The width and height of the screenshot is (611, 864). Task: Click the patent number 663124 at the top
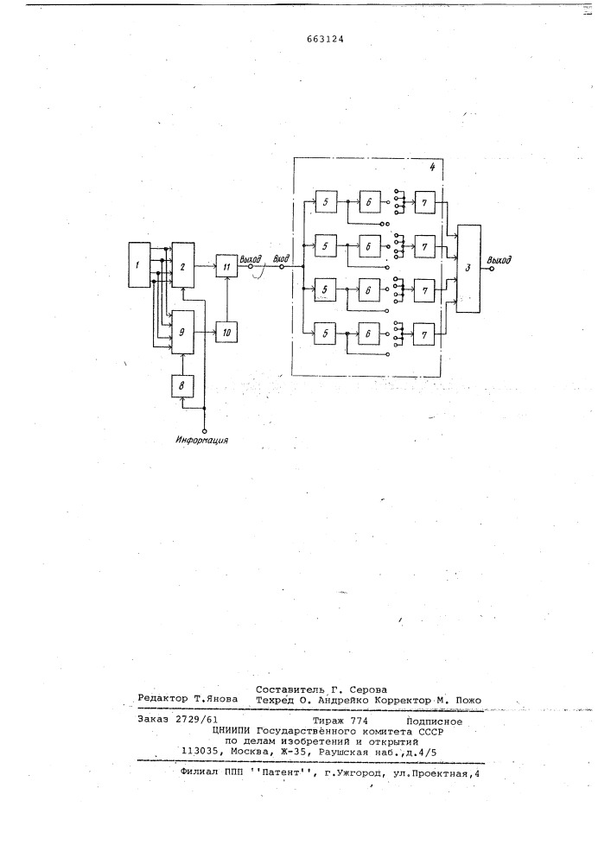click(x=325, y=39)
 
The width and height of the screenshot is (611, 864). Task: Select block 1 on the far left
click(x=139, y=264)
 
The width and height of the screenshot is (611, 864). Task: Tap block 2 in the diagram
click(x=183, y=264)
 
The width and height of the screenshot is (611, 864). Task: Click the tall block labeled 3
click(x=468, y=269)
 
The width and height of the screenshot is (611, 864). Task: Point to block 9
click(x=183, y=332)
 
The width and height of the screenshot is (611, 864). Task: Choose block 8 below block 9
click(x=183, y=385)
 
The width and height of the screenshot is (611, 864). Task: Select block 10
click(x=226, y=332)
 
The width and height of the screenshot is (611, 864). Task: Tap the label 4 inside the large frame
click(x=432, y=167)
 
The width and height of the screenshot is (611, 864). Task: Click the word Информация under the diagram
click(x=202, y=440)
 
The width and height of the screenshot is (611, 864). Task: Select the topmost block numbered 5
click(x=326, y=202)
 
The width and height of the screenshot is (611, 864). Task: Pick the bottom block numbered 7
click(x=424, y=334)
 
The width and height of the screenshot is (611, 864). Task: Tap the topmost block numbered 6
click(x=369, y=202)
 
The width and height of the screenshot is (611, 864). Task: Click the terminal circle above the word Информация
click(x=205, y=429)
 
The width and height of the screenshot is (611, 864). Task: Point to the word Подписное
click(x=434, y=721)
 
